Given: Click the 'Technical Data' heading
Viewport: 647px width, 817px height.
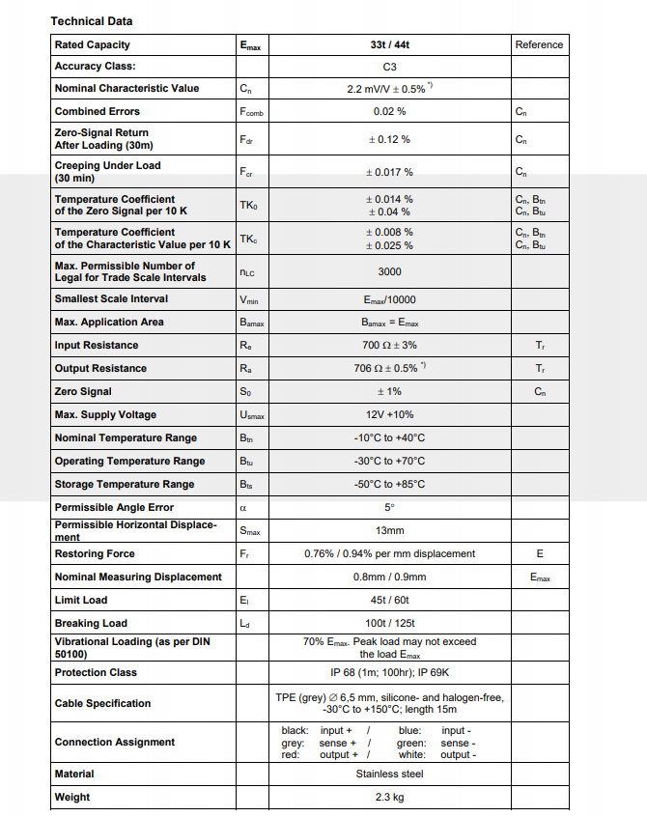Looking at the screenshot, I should pyautogui.click(x=92, y=20).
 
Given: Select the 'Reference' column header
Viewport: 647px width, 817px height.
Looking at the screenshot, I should pyautogui.click(x=539, y=44).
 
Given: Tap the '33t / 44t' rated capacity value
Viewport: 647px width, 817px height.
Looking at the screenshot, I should pyautogui.click(x=389, y=44).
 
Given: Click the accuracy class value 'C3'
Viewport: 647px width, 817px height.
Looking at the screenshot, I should pyautogui.click(x=389, y=67).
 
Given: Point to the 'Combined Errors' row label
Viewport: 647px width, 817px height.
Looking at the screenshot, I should pyautogui.click(x=97, y=111).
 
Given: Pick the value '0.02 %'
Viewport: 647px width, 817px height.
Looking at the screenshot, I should pyautogui.click(x=389, y=111).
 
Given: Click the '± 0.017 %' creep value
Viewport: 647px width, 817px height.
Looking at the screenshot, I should pyautogui.click(x=389, y=172).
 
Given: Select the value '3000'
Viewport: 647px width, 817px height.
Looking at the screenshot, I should pyautogui.click(x=389, y=271).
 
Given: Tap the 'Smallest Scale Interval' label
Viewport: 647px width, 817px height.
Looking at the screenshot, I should pyautogui.click(x=111, y=298).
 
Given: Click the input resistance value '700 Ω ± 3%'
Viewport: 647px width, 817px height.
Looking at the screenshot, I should pyautogui.click(x=389, y=345).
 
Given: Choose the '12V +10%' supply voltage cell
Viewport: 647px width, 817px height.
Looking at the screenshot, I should pyautogui.click(x=389, y=414).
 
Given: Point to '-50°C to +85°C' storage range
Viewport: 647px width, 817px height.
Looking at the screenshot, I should pyautogui.click(x=389, y=484).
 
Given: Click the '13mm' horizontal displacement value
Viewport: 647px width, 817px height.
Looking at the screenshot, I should pyautogui.click(x=389, y=530).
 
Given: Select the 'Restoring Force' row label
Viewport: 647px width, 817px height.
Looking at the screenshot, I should pyautogui.click(x=95, y=553).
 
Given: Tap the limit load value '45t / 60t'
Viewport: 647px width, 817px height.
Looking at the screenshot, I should pyautogui.click(x=389, y=600).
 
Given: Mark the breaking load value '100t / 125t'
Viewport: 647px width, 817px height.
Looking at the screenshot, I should pyautogui.click(x=389, y=623).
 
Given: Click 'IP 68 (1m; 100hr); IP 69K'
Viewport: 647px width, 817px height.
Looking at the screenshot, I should pyautogui.click(x=389, y=672).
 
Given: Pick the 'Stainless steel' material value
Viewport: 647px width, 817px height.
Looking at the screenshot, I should pyautogui.click(x=389, y=774).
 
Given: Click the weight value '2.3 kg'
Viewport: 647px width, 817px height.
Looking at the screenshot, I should pyautogui.click(x=389, y=797).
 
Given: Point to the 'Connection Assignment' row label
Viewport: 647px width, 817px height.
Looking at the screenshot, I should pyautogui.click(x=115, y=742).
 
